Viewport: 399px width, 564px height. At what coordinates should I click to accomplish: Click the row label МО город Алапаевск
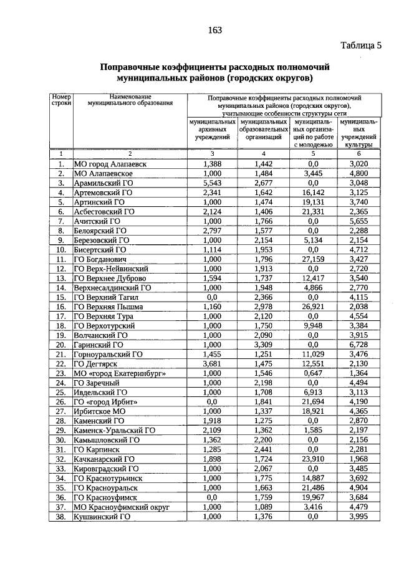(110, 164)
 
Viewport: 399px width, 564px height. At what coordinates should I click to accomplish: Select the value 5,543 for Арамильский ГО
(213, 183)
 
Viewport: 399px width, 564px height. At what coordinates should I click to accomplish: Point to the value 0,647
(314, 373)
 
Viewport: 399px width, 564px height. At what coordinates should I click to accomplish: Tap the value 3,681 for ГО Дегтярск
(213, 363)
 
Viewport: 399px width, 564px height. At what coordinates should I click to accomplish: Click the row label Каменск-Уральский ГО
(114, 430)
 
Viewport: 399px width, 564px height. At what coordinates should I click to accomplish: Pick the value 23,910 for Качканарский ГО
(314, 459)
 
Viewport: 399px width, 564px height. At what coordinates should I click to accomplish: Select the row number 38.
(61, 516)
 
